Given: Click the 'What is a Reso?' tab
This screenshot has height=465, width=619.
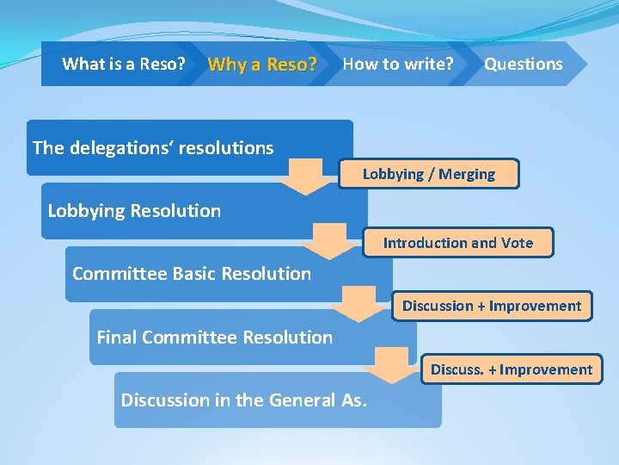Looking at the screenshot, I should (x=124, y=64).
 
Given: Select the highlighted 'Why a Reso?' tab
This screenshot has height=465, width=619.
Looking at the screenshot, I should (x=262, y=65).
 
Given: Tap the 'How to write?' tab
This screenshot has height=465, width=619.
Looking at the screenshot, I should (x=397, y=64).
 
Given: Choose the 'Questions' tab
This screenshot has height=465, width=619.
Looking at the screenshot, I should (x=523, y=64).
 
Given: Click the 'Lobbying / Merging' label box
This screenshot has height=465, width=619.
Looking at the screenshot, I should (x=428, y=174).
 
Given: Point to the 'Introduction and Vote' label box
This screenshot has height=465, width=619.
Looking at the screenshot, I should (x=457, y=243).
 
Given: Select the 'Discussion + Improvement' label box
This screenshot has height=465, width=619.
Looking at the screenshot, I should (x=492, y=306).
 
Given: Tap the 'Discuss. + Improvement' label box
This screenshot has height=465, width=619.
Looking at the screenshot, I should (x=511, y=369).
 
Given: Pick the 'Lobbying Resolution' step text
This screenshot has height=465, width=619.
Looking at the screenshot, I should (x=134, y=211).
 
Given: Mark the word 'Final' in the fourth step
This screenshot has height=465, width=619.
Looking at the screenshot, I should (x=117, y=338).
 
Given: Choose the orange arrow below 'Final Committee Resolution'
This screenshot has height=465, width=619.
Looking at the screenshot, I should (x=388, y=366).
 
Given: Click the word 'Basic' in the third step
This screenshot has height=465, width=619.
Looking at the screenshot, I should (x=193, y=274).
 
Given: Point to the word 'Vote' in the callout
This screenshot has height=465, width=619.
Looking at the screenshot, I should (x=515, y=243).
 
